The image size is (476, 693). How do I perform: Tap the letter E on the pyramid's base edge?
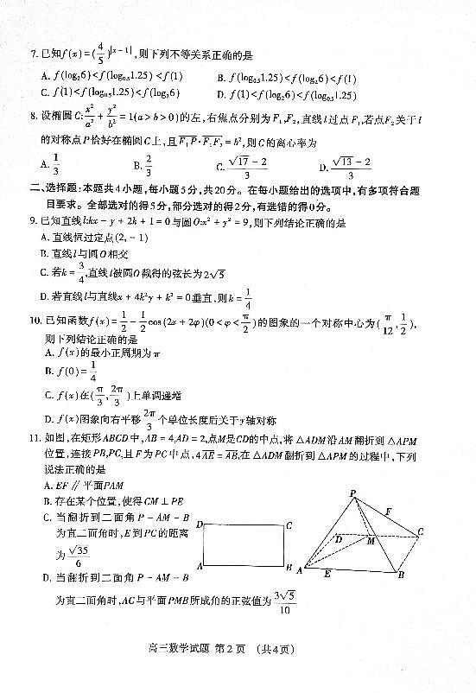click(x=349, y=572)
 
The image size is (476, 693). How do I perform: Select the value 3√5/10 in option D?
click(x=284, y=601)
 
